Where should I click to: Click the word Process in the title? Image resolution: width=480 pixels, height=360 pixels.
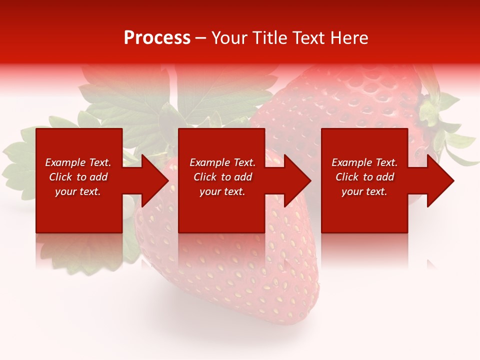point(157,38)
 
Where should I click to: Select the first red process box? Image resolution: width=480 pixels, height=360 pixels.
point(79,210)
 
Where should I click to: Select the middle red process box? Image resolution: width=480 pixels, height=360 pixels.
point(221,210)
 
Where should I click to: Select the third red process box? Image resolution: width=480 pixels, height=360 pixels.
point(364,210)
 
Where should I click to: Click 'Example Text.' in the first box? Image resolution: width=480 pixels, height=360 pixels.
point(78,162)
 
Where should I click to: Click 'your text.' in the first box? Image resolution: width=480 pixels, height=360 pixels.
point(78,191)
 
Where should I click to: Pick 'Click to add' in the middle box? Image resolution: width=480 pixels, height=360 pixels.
point(222,177)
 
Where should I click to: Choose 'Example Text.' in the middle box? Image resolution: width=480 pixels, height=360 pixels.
point(222,162)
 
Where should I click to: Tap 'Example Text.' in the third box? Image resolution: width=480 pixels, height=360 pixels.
point(364,162)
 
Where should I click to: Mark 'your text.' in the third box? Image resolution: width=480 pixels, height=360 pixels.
point(364,191)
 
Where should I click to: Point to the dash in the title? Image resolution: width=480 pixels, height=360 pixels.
point(201,38)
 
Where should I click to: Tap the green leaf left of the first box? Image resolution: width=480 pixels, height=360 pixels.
point(19,160)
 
